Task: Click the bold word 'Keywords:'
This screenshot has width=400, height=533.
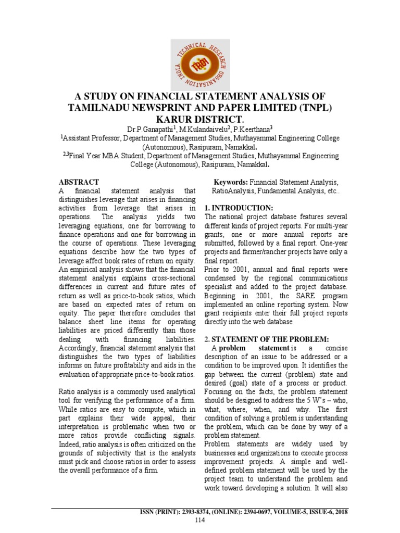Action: (231, 182)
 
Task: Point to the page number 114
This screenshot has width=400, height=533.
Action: (200, 520)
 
